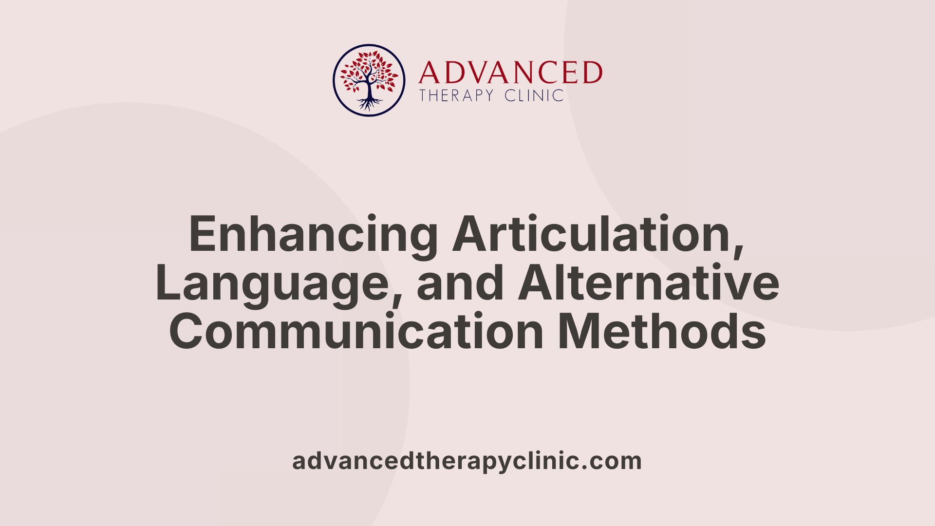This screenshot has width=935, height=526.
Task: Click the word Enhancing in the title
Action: click(313, 234)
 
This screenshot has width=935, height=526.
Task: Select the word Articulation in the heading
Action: click(593, 234)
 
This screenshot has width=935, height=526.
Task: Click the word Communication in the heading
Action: click(356, 332)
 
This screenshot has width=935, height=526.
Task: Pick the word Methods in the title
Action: click(662, 332)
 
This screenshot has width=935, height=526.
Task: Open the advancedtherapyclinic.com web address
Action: click(467, 461)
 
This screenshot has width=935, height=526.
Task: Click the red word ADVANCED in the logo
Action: click(510, 73)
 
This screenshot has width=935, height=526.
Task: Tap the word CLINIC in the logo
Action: click(534, 95)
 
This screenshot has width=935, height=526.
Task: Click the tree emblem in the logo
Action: click(369, 80)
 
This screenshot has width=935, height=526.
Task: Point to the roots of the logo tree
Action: click(369, 103)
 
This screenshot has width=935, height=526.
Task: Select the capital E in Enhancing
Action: click(202, 234)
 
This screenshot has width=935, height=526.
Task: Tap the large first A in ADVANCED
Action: click(429, 73)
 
